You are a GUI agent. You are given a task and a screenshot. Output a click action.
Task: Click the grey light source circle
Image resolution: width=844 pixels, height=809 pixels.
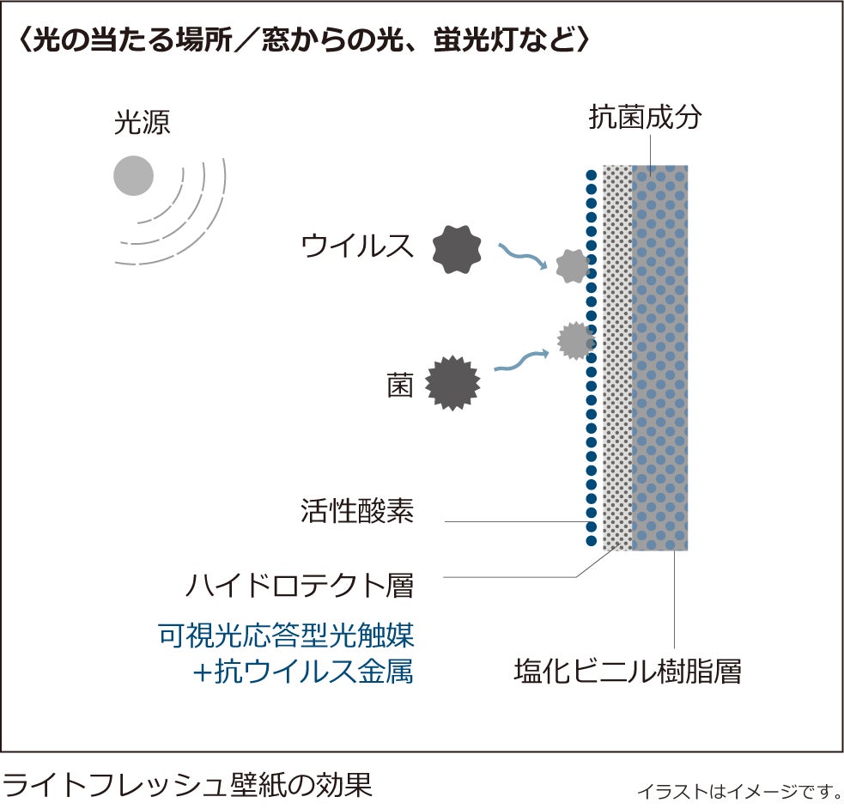tap(133, 176)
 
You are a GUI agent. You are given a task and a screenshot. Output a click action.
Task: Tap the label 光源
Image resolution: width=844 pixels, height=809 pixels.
tap(143, 123)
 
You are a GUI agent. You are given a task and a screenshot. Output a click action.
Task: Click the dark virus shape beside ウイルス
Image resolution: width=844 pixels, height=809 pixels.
tap(457, 248)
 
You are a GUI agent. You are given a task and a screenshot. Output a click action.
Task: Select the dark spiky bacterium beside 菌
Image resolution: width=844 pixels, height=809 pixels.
tap(453, 382)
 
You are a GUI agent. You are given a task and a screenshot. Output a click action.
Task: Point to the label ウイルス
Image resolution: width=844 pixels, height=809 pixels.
tap(357, 246)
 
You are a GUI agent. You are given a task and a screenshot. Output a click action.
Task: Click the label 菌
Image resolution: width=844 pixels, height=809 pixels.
tap(399, 386)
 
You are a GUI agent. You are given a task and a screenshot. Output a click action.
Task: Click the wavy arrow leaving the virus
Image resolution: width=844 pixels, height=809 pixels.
tap(524, 255)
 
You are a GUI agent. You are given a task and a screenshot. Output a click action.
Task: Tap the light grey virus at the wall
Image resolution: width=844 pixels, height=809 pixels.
tap(572, 266)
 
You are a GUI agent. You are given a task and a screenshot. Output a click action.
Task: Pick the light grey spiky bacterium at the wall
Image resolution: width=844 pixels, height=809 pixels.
tap(574, 341)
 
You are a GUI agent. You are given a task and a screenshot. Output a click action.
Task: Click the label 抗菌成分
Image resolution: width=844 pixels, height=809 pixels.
tap(645, 117)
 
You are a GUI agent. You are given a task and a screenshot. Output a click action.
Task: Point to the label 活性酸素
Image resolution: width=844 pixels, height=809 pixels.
tap(357, 513)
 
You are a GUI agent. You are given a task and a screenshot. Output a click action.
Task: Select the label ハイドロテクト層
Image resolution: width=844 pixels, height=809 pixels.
tap(300, 586)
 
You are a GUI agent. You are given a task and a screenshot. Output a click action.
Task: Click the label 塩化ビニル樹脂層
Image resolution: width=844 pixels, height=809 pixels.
tap(627, 671)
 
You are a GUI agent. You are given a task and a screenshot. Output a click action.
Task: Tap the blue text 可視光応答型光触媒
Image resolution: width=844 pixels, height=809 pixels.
tap(287, 636)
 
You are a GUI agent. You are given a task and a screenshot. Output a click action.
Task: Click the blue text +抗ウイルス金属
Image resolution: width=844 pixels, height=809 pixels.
tap(301, 672)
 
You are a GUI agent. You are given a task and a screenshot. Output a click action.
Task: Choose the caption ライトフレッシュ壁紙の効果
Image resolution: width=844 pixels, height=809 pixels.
tap(187, 784)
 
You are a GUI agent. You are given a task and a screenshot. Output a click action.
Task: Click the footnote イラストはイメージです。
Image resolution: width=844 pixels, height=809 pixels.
tap(738, 790)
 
